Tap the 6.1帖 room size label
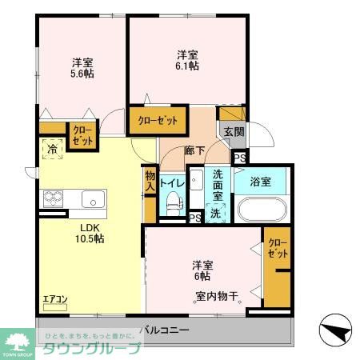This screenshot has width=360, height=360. pos(188,60)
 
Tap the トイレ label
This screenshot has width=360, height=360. pos(173,183)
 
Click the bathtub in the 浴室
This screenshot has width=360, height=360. pos(259,210)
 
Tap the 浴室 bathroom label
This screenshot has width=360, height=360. pos(259,182)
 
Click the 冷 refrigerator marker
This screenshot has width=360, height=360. pos(52,149)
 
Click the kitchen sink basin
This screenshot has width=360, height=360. pos(90,198)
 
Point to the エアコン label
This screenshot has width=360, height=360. pos(55,300)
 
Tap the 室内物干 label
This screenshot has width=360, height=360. pos(218,298)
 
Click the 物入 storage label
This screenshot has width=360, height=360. pos(150,180)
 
